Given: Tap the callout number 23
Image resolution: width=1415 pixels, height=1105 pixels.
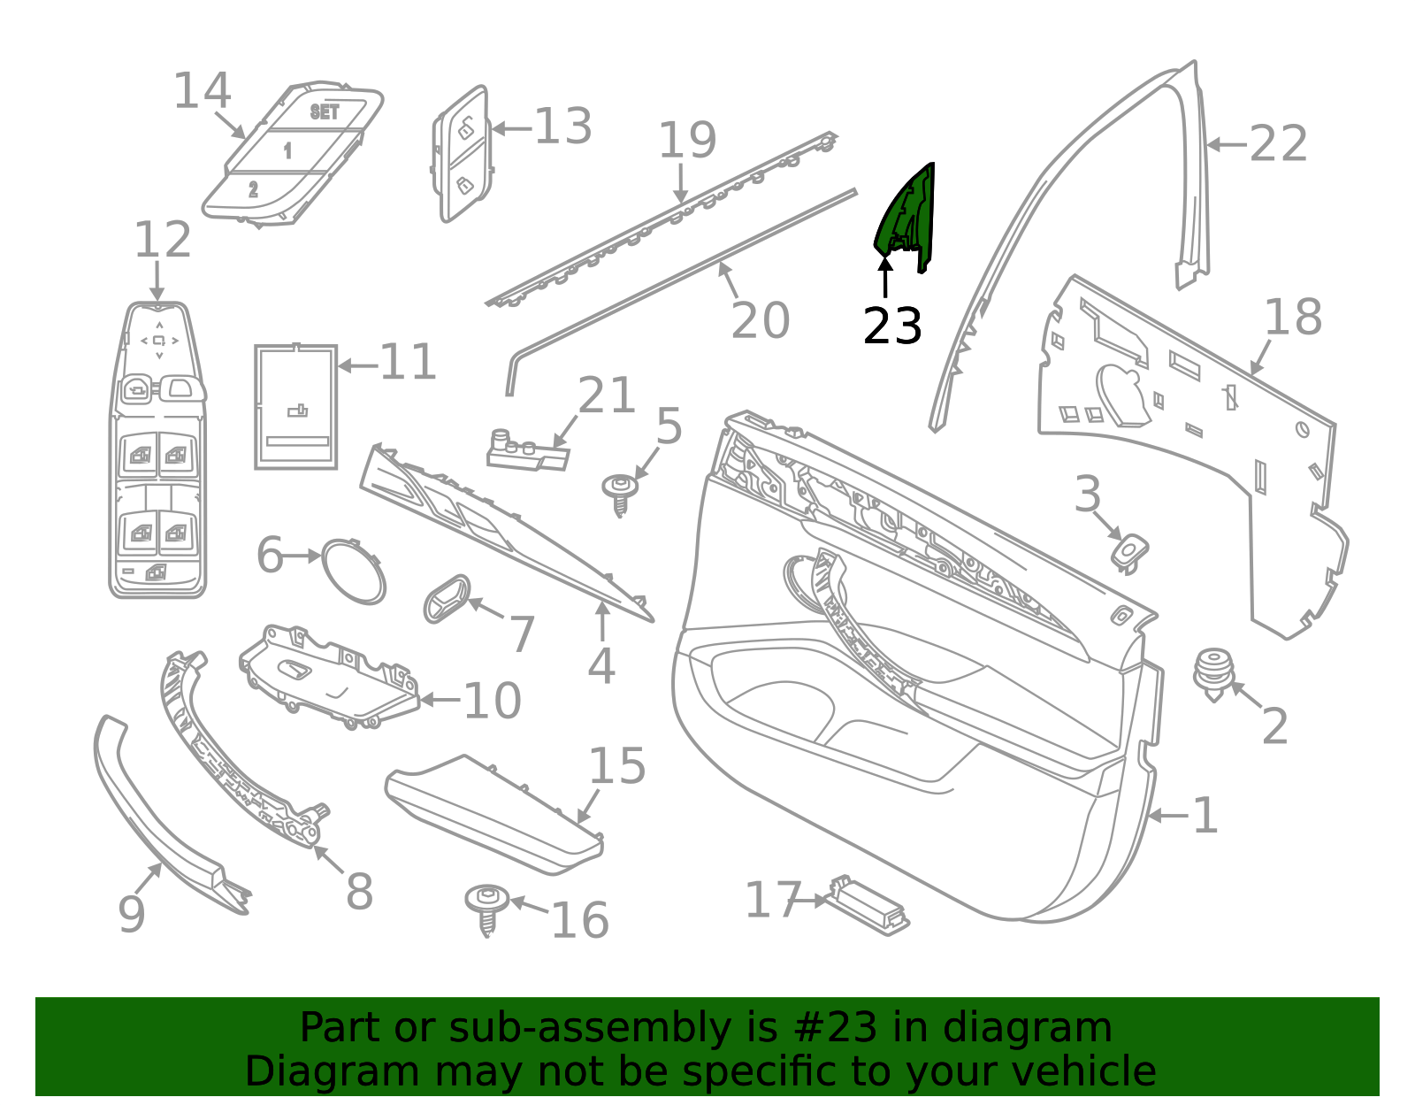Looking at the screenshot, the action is tap(892, 326).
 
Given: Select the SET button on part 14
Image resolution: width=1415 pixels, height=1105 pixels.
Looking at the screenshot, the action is tap(325, 112).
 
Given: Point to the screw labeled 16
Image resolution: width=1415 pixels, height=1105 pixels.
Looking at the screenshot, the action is tap(487, 909).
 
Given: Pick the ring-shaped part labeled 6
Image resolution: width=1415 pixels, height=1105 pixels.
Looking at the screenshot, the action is tap(354, 572).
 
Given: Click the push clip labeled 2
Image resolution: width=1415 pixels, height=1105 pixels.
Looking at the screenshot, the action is tap(1213, 675).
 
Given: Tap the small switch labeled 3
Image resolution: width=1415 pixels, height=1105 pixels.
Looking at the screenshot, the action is tap(1129, 554).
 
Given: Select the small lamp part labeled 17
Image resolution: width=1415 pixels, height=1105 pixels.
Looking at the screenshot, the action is tap(869, 905).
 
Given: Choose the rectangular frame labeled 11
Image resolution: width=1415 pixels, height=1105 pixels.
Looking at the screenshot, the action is tap(295, 407).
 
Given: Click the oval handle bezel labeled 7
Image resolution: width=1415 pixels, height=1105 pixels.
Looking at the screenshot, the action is tap(447, 598).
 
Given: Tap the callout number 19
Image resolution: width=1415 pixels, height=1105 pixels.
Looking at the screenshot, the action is tap(688, 140).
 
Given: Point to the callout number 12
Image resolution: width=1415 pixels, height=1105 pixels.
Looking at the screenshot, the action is tap(163, 240).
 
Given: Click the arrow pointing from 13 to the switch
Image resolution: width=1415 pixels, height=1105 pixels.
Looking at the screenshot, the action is tap(512, 129).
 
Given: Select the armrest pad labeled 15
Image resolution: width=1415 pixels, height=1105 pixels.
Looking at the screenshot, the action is tap(495, 815).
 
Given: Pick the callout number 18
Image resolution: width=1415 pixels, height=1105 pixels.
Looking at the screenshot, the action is tap(1293, 317).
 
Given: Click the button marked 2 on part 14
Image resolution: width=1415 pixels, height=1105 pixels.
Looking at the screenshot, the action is tap(253, 189).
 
